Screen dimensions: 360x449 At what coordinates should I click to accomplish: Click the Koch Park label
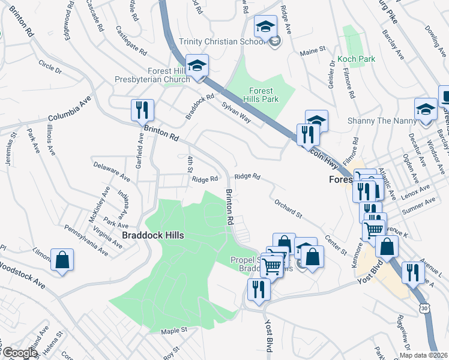pos(356,59)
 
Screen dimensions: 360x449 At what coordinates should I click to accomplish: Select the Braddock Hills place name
pos(152,236)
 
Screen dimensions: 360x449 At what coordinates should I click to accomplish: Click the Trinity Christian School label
pos(222,41)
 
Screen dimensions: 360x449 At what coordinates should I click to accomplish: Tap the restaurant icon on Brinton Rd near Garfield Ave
pos(143,110)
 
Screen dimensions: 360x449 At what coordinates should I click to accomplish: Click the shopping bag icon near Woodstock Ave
pos(62,260)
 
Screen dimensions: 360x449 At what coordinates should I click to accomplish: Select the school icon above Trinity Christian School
pos(265,27)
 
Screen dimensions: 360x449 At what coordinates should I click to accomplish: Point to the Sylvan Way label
pos(236,110)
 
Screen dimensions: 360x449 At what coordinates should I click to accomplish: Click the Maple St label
pos(174,330)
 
